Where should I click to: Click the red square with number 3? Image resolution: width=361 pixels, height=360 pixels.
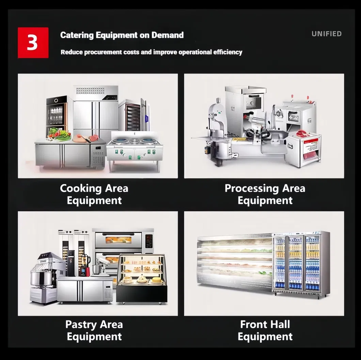[x=33, y=43]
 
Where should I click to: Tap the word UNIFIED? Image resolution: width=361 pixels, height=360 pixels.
[x=327, y=34]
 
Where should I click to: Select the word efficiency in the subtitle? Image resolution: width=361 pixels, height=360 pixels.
[x=228, y=52]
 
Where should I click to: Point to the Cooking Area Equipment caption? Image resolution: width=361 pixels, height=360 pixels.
[x=94, y=194]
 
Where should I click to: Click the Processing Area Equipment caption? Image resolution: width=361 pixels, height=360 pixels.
[x=265, y=194]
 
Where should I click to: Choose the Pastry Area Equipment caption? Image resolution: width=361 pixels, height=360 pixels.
[x=94, y=330]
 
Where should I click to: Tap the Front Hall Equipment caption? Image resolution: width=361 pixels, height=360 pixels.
[x=265, y=330]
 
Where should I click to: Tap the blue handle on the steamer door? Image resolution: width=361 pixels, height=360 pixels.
[x=146, y=119]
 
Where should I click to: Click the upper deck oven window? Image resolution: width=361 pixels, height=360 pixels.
[x=118, y=240]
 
